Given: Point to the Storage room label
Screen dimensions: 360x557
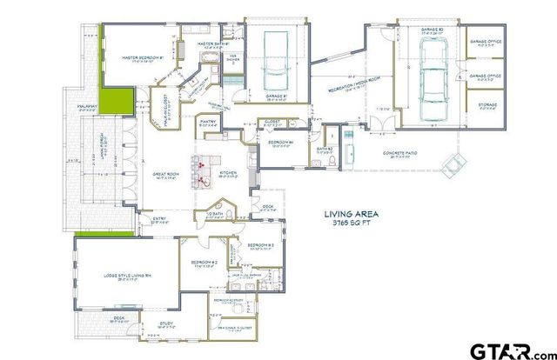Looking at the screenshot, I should [x=487, y=105].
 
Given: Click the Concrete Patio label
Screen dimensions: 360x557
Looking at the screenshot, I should [x=400, y=154].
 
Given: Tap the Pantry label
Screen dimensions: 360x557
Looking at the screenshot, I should [x=207, y=123].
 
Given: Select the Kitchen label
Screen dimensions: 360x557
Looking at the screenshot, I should [x=229, y=173].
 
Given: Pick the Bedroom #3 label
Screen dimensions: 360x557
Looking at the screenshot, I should [x=259, y=246].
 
